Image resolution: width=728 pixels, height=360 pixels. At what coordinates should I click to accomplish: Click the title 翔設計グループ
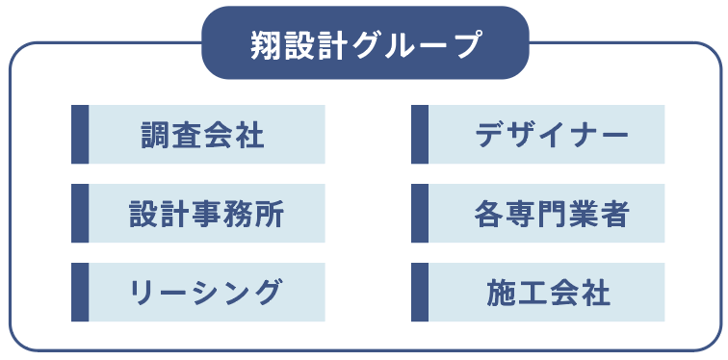[x=365, y=44]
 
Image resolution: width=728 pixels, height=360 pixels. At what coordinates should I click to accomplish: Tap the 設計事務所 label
[x=206, y=213]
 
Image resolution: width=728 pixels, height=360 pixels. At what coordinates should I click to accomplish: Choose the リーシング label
[x=206, y=292]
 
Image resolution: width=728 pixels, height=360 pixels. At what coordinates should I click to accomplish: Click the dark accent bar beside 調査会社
[x=80, y=134]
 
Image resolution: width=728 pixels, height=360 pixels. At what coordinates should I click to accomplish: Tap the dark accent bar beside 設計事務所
[x=80, y=213]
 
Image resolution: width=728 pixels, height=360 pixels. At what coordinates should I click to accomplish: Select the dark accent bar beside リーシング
[x=80, y=292]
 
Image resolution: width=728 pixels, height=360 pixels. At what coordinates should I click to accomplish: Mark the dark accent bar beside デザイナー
[x=420, y=134]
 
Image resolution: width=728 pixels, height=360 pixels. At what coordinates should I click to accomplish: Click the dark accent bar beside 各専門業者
[x=420, y=213]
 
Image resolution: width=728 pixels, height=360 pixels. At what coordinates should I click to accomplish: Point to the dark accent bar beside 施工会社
[x=420, y=292]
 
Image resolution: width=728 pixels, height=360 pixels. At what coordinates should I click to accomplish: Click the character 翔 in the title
[x=266, y=44]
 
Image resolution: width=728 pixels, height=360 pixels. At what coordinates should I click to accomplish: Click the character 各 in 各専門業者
[x=488, y=213]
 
